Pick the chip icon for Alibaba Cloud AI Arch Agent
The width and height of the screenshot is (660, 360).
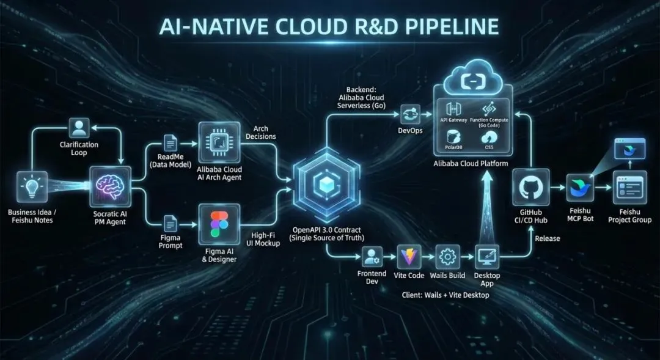tap(219, 142)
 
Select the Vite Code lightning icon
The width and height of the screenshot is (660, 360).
tap(410, 258)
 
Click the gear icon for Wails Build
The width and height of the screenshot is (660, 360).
tap(449, 258)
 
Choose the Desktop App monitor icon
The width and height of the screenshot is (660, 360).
tap(487, 258)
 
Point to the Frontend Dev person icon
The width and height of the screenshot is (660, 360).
tap(372, 257)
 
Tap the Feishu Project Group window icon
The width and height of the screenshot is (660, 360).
tap(629, 187)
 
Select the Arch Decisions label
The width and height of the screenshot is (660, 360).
tap(264, 132)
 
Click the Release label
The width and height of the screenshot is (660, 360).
tap(548, 238)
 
